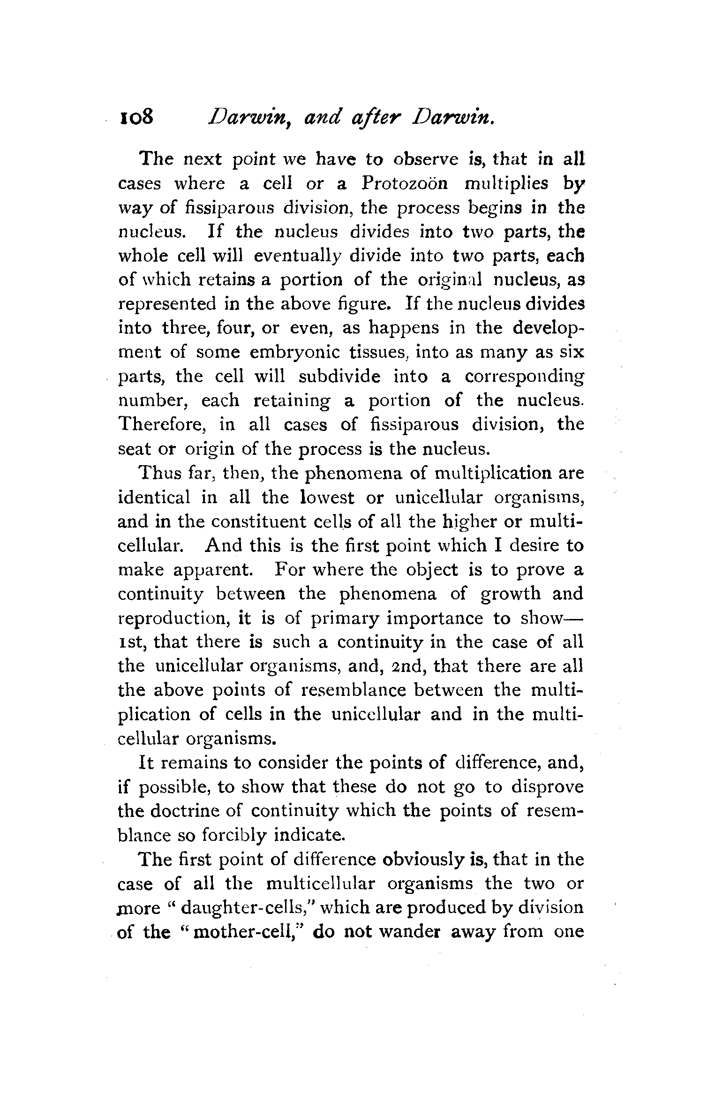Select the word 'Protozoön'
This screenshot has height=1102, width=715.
point(405,183)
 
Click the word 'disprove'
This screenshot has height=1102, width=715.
point(547,787)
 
